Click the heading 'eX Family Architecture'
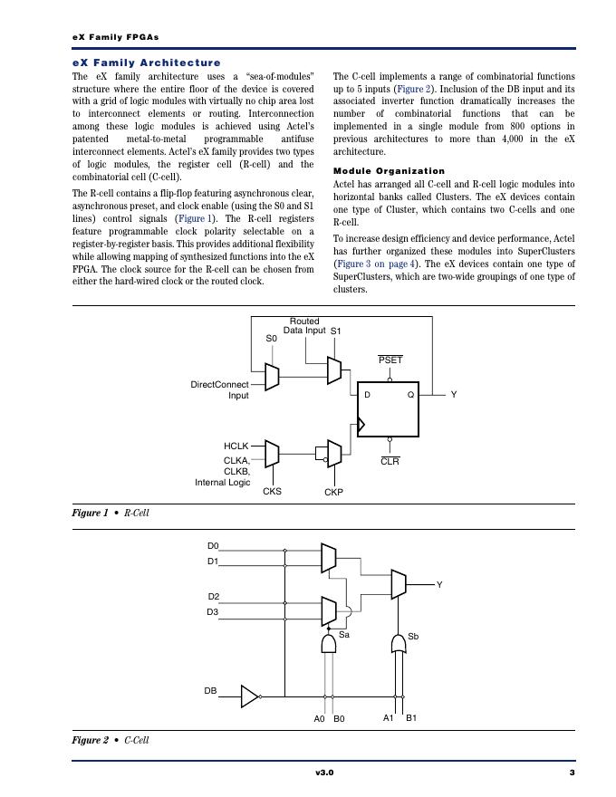click(146, 62)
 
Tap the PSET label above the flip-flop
click(390, 360)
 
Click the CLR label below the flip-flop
click(390, 462)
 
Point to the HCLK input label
click(236, 446)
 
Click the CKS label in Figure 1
click(272, 492)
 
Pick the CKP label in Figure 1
click(333, 493)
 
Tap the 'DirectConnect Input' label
click(219, 389)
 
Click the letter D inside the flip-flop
click(367, 395)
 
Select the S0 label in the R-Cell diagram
click(271, 339)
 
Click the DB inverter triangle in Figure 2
click(249, 696)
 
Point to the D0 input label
click(213, 546)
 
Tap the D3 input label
click(213, 612)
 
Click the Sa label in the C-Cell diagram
click(344, 636)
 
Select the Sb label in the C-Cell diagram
click(413, 637)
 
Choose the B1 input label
click(410, 718)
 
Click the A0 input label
click(319, 719)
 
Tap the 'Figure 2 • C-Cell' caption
click(111, 740)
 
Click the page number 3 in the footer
click(572, 773)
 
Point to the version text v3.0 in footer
click(324, 773)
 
